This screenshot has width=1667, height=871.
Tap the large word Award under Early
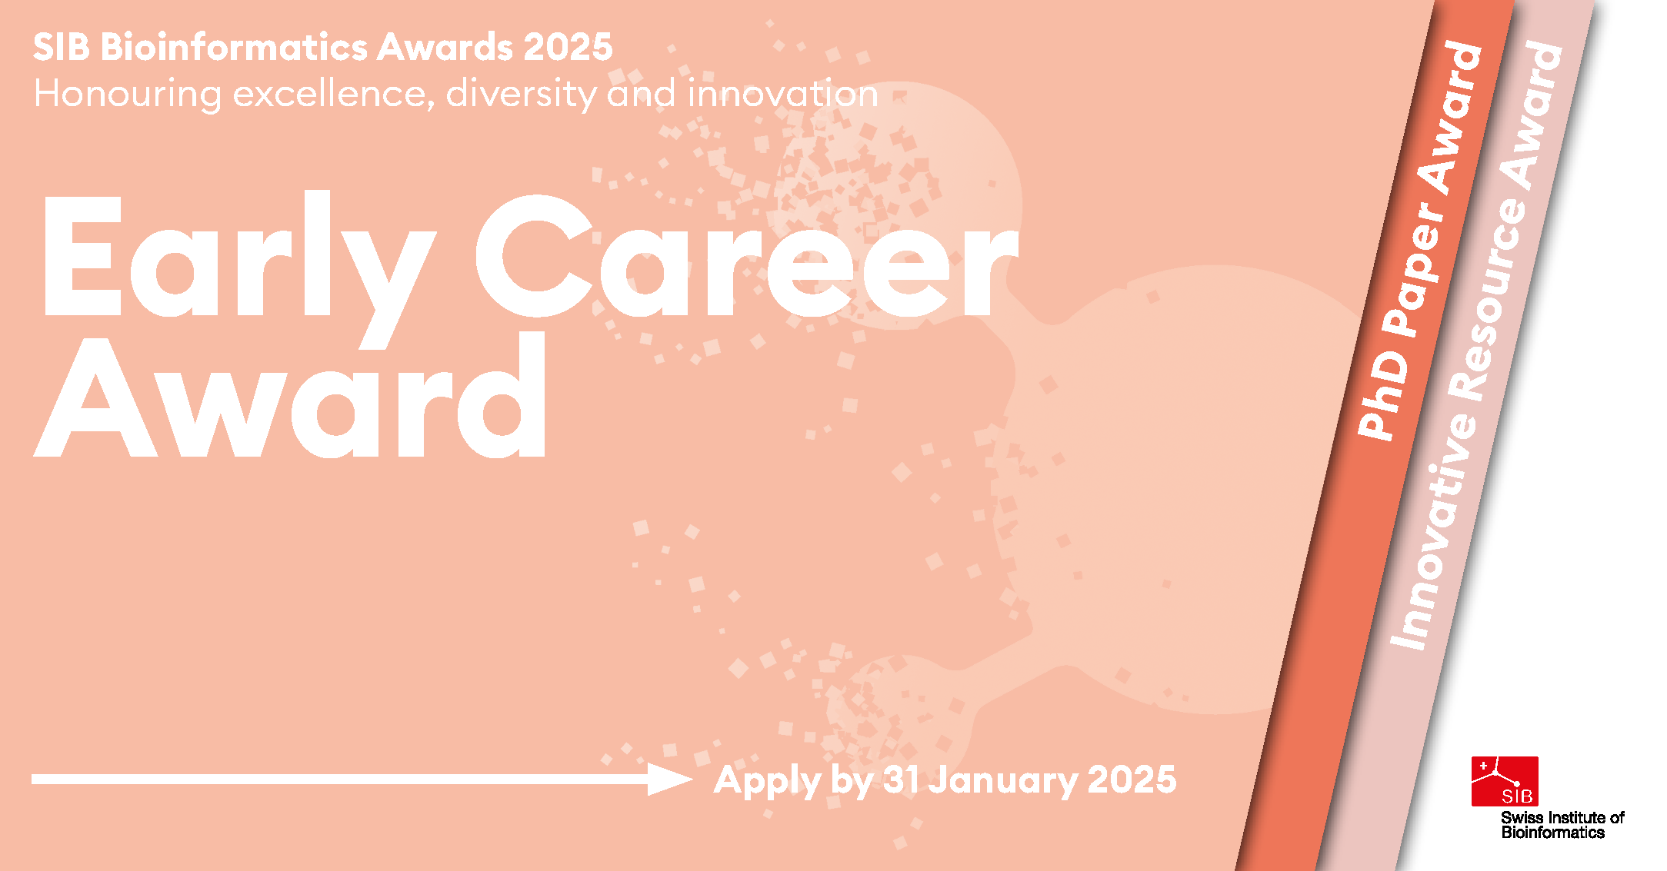click(290, 396)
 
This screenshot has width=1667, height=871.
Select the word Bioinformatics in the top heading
click(235, 47)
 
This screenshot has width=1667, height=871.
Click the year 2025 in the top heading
click(568, 47)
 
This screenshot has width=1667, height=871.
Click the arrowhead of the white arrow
click(669, 779)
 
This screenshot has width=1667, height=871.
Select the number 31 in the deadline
click(901, 780)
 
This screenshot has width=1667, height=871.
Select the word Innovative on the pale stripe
click(1434, 531)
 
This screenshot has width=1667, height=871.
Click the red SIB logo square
click(1505, 781)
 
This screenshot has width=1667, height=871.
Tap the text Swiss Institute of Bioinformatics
click(1562, 825)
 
